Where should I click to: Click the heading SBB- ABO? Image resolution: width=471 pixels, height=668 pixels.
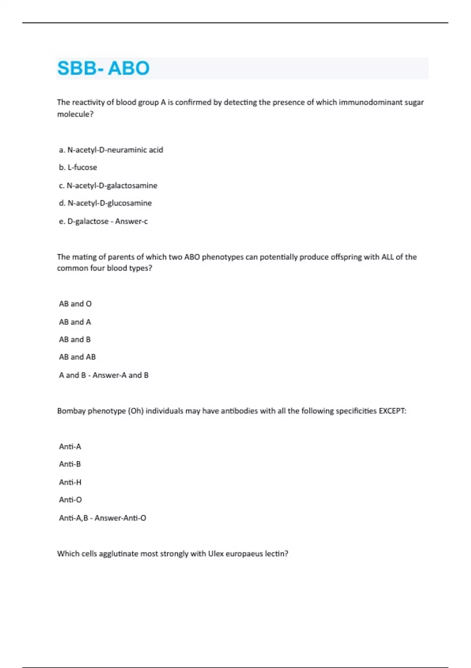103,68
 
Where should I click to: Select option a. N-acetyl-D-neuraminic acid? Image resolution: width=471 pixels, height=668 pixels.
111,150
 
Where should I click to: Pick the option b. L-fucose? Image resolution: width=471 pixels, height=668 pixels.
78,167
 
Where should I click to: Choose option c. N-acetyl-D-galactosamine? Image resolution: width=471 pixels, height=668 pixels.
108,185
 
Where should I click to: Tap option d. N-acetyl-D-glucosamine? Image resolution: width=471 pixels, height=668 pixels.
106,203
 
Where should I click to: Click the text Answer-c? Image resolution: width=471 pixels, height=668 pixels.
131,221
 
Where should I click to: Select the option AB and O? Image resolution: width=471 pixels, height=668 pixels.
75,304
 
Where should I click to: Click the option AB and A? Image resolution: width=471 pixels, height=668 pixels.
75,322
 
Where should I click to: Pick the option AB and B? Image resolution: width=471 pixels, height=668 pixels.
75,340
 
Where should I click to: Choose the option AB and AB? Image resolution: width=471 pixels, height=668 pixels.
77,357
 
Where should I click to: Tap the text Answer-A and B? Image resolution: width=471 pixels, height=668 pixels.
120,375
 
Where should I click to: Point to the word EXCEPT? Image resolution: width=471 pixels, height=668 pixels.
392,411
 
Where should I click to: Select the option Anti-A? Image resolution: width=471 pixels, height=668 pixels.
70,447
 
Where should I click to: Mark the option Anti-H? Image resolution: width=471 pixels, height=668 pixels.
70,482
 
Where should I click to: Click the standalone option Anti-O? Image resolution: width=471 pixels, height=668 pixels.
70,500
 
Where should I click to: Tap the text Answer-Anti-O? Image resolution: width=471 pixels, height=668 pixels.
120,518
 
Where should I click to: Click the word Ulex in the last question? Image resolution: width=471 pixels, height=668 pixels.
215,554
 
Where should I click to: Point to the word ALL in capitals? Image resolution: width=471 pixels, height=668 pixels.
387,257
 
